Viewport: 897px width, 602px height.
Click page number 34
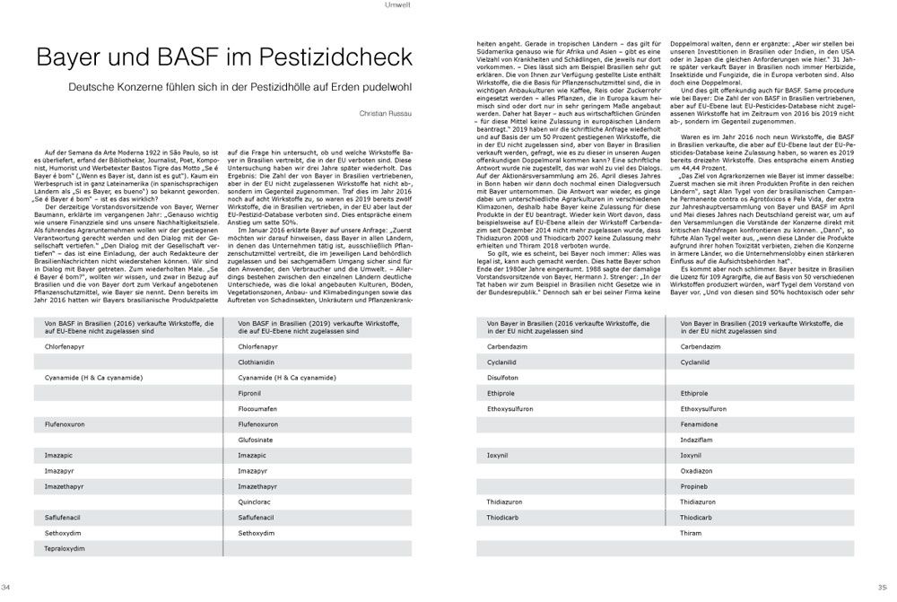pos(7,587)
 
